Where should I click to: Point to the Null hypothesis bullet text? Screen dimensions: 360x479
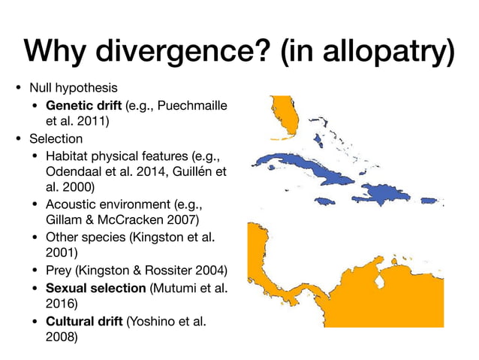[x=73, y=88]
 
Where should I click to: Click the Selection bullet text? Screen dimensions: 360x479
[x=56, y=139]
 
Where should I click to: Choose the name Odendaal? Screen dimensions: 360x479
[x=74, y=172]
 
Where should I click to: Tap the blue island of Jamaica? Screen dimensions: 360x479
[x=324, y=200]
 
